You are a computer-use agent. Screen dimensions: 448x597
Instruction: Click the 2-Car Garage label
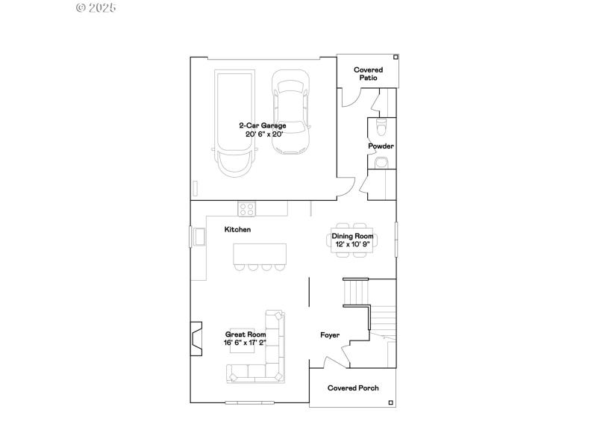pos(262,125)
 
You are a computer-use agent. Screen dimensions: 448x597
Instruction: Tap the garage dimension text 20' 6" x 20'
pos(264,134)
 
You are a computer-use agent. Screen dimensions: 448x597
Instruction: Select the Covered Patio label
pos(368,73)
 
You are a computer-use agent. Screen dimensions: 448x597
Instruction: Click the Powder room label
pos(381,146)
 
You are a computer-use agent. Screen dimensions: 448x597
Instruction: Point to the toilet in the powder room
pos(381,125)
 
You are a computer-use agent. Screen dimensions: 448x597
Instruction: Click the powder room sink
pos(381,162)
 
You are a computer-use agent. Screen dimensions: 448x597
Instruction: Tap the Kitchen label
pos(237,230)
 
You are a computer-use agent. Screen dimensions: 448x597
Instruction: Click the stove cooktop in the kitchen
pos(247,208)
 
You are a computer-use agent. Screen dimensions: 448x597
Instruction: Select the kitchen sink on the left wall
pos(199,237)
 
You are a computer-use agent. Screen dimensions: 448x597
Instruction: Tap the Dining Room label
pos(353,236)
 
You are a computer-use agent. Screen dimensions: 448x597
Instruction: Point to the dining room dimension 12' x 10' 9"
pos(353,244)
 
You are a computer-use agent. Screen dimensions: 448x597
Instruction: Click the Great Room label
pos(246,335)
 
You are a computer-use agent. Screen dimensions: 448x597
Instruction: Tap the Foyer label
pos(330,335)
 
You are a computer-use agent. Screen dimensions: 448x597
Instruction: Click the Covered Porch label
pos(354,388)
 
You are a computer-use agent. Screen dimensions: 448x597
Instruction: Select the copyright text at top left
pos(96,7)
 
